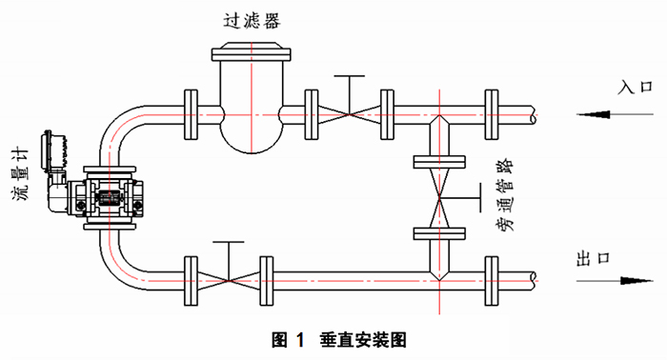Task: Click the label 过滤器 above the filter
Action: coord(252,20)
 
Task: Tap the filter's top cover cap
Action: coord(252,51)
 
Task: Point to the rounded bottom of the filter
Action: coord(252,138)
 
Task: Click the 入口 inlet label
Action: coord(636,87)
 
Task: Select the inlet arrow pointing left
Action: coord(615,114)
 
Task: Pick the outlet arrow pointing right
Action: coord(615,281)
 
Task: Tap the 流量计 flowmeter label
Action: coord(20,174)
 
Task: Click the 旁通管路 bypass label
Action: coord(505,194)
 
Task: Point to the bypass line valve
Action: coord(439,198)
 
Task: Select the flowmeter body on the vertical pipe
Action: coord(110,198)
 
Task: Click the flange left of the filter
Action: coord(191,114)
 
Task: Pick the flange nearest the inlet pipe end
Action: coord(492,114)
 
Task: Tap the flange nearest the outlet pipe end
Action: coord(492,281)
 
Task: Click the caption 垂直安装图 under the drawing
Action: coord(364,340)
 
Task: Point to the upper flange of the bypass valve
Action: coord(439,162)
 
